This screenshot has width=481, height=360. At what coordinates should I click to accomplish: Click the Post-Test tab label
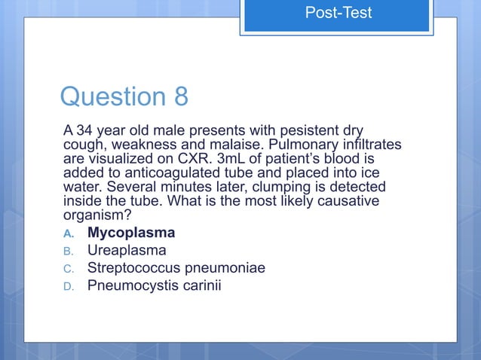pyautogui.click(x=338, y=13)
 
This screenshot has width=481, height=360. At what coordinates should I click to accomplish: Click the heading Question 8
pyautogui.click(x=124, y=96)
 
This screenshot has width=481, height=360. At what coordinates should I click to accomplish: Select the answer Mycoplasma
pyautogui.click(x=131, y=233)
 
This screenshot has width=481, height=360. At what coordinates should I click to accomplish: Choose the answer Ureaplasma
pyautogui.click(x=127, y=250)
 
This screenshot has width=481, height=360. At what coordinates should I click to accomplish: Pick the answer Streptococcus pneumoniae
pyautogui.click(x=176, y=267)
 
